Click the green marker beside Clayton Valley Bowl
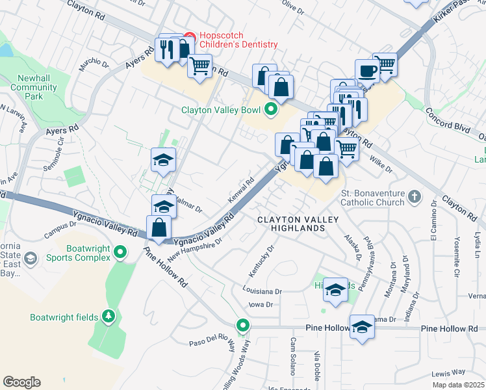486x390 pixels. click(271, 109)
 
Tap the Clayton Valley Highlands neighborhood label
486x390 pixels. click(290, 224)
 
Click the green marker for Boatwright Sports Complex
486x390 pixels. click(120, 251)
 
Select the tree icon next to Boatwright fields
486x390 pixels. click(109, 317)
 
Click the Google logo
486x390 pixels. click(21, 382)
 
